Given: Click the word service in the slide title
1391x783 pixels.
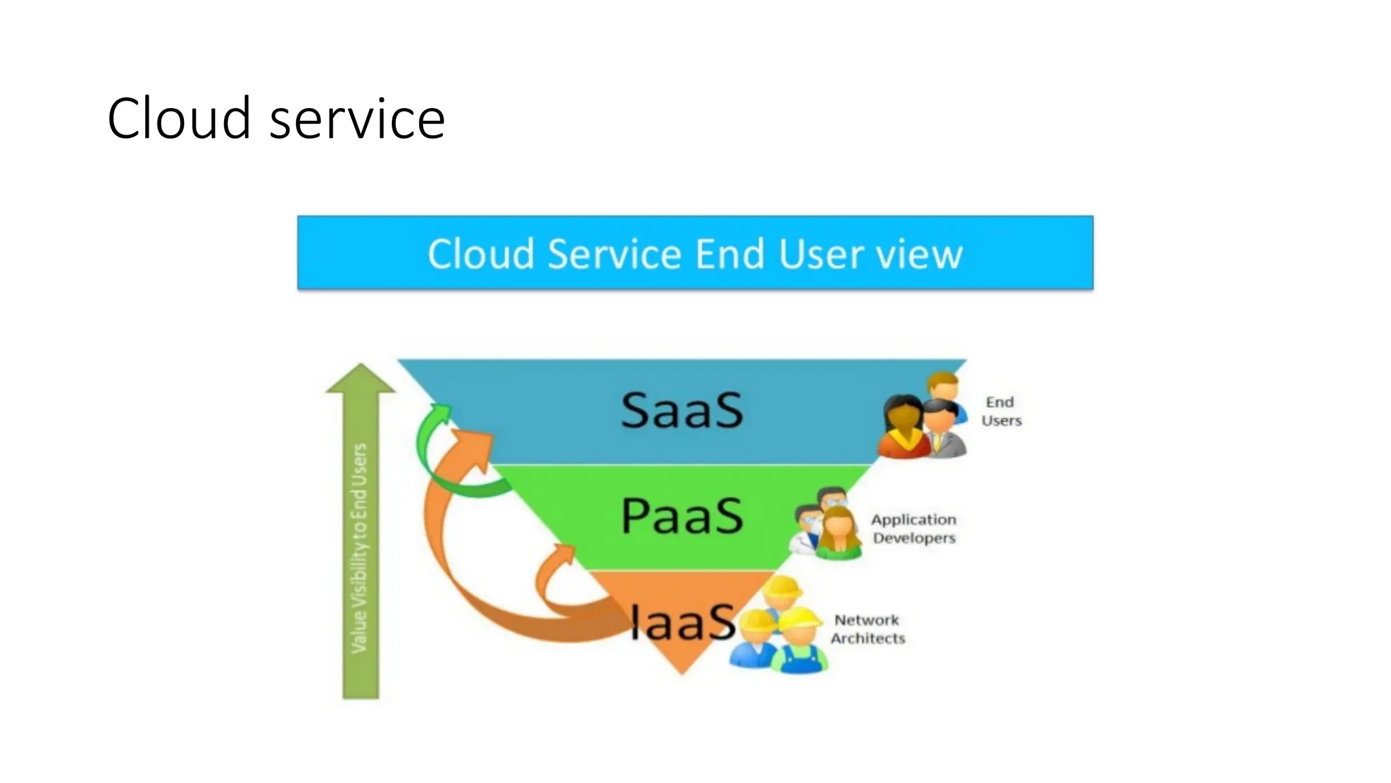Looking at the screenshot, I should (x=357, y=120).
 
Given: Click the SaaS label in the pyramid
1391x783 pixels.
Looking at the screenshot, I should (x=682, y=410).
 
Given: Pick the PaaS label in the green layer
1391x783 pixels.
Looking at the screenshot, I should (x=682, y=515).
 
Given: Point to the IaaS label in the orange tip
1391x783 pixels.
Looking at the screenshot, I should (x=682, y=622).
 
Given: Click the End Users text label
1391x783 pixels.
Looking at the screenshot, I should (x=1000, y=411).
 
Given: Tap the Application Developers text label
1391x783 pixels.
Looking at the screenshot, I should (x=914, y=528).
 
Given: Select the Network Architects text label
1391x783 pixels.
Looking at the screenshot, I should (x=867, y=629).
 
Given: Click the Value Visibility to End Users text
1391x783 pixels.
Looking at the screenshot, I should (x=359, y=548).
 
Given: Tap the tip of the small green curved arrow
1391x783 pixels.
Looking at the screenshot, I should (x=441, y=410).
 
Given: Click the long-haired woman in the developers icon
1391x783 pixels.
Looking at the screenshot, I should (x=839, y=534).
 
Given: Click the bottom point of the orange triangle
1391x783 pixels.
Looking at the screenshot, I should (x=682, y=672).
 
